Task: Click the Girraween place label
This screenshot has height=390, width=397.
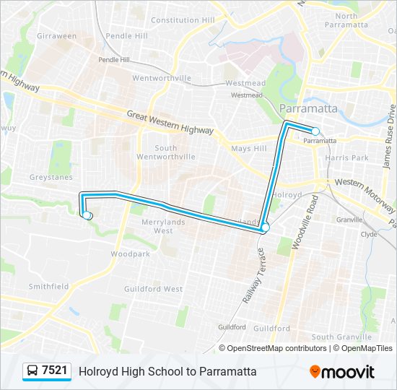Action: point(56,35)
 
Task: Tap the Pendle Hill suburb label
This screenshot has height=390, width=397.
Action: point(126,35)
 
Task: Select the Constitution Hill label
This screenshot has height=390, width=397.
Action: point(183,20)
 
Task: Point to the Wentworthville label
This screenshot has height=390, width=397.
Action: point(162,78)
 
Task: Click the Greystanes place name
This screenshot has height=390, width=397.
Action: point(50,177)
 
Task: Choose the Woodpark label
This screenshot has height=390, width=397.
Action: point(130,254)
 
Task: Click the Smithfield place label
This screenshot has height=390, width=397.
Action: point(49,286)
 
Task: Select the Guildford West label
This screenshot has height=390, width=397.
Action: point(162,289)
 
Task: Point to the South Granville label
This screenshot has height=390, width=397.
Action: point(342,337)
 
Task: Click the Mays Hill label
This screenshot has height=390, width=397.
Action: point(249,149)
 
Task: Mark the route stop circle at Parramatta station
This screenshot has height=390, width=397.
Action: point(315,131)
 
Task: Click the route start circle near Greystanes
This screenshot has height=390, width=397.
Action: point(87,215)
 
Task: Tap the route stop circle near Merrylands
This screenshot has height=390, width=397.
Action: point(265,227)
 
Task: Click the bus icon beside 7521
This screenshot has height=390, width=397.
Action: point(32,371)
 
